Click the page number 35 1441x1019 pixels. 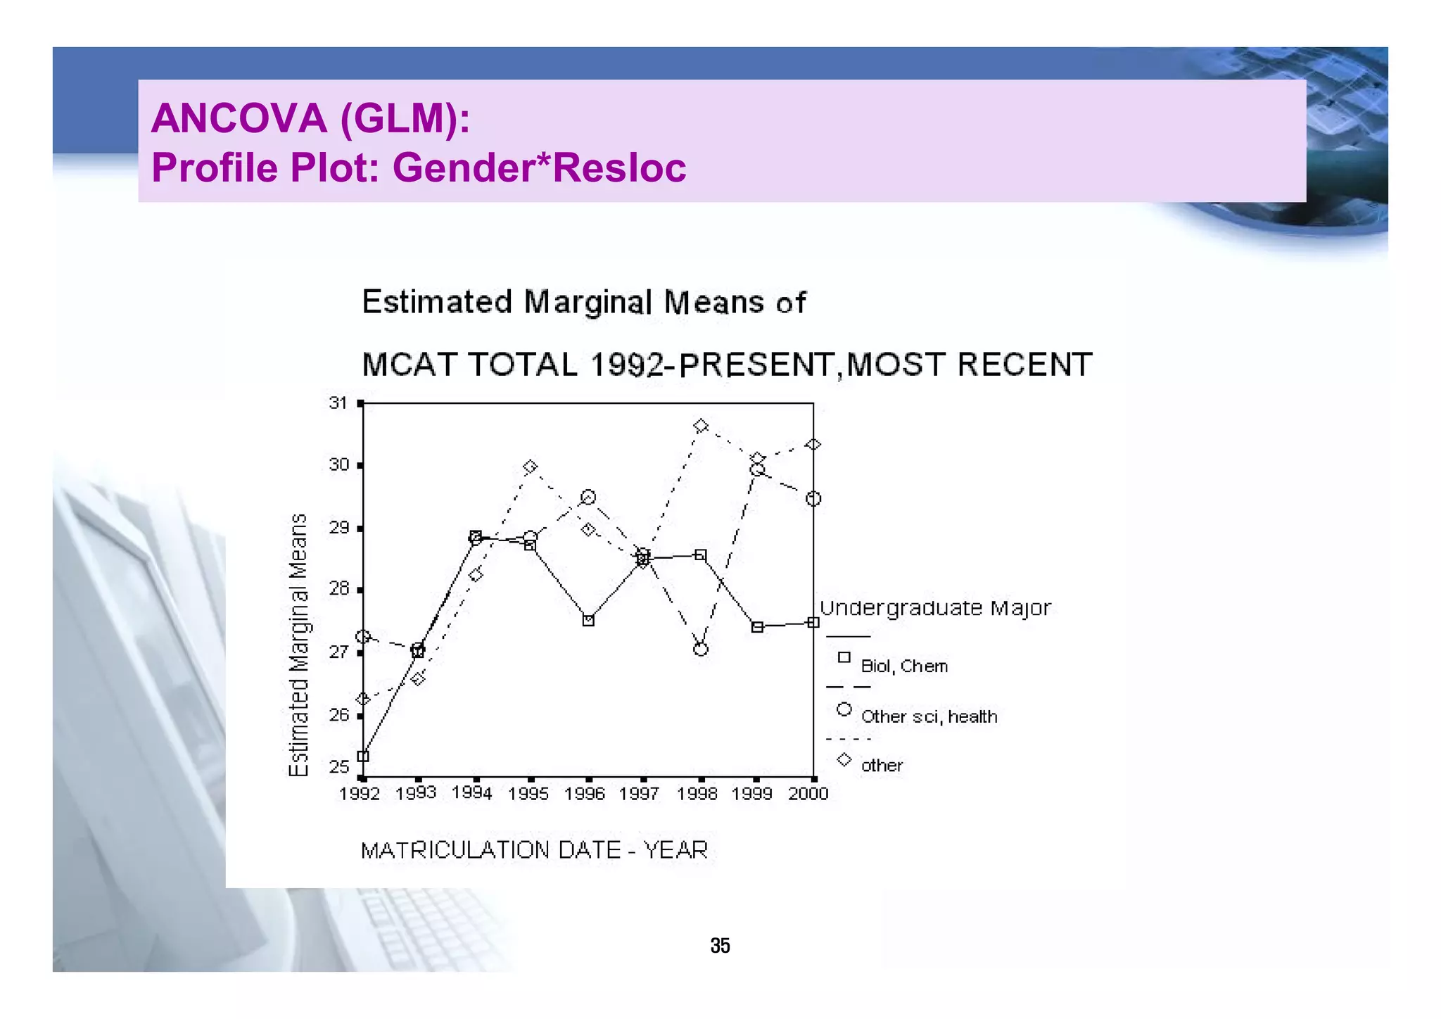tap(720, 946)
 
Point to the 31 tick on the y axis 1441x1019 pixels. tap(338, 403)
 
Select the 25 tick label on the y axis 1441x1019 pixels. tap(338, 767)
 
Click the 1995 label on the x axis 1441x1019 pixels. tap(528, 795)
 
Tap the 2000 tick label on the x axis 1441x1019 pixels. tap(808, 795)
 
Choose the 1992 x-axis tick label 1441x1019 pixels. tap(360, 795)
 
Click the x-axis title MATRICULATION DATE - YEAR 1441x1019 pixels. tap(534, 851)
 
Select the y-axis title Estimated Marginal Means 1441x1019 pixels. tap(299, 645)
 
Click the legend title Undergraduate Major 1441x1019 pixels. tap(935, 608)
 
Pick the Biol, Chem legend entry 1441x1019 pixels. tap(904, 666)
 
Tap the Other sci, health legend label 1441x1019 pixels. tap(929, 717)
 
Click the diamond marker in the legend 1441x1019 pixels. tap(844, 760)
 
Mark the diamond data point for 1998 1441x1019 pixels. tap(700, 426)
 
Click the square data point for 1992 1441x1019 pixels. tap(363, 757)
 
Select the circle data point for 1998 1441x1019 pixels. tap(700, 649)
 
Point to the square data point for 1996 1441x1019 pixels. tap(588, 621)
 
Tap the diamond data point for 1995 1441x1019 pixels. tap(531, 467)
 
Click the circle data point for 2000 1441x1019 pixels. tap(813, 499)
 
